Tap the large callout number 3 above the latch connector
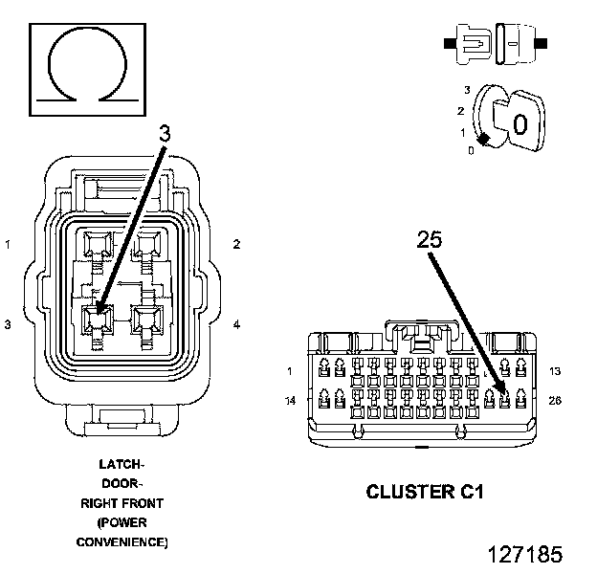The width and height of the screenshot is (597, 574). [x=165, y=134]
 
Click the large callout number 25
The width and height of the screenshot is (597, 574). [x=430, y=239]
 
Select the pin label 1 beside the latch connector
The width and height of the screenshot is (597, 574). [x=8, y=244]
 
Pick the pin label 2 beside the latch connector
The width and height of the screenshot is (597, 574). [x=236, y=244]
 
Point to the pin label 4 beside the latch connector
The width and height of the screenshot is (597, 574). [x=236, y=324]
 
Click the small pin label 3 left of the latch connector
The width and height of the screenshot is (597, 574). [x=8, y=324]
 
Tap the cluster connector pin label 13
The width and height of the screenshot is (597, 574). [x=555, y=371]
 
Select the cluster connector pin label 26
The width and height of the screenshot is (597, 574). [x=555, y=401]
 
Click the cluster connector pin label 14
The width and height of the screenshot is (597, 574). [x=290, y=401]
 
